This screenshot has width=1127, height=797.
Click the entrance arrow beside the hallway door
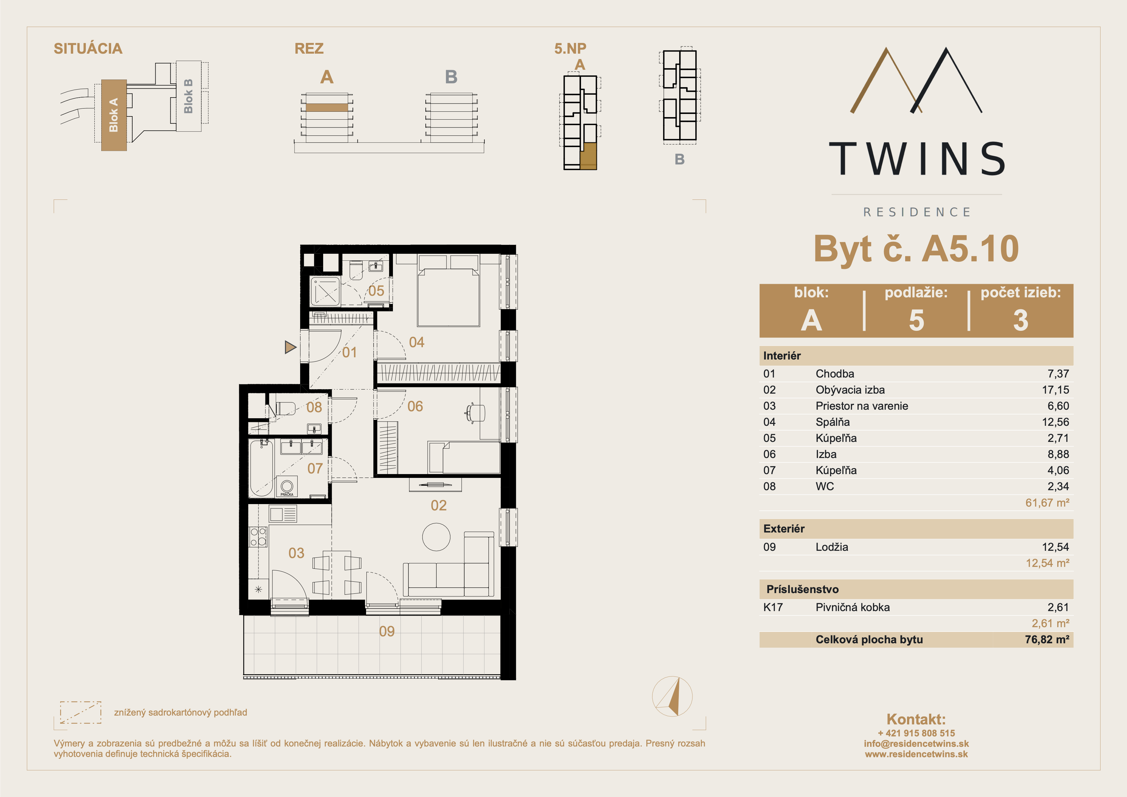(290, 347)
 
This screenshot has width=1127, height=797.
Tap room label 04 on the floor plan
(417, 342)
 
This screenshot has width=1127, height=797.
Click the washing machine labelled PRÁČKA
(287, 487)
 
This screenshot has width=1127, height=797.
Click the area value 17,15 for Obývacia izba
(1055, 390)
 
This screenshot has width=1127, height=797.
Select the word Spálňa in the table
(833, 422)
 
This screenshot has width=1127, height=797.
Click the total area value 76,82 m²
(1047, 639)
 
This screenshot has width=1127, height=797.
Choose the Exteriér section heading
(784, 529)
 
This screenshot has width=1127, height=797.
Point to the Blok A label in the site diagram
(113, 115)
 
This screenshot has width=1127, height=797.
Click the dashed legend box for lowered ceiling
(80, 712)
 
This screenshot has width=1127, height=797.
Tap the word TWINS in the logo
(916, 159)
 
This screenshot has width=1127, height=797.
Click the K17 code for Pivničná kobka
(773, 607)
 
